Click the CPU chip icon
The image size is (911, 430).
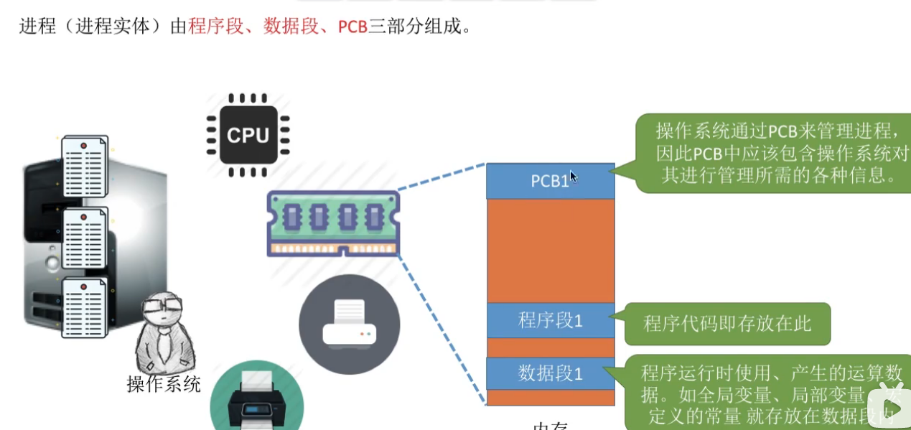(x=248, y=135)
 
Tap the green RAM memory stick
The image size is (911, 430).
(x=333, y=223)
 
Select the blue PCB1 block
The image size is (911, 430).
(x=550, y=181)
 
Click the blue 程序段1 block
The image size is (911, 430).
(x=550, y=320)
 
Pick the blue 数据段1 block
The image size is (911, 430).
(x=550, y=373)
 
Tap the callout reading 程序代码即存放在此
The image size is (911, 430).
(x=727, y=324)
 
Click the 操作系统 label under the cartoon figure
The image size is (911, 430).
(x=164, y=384)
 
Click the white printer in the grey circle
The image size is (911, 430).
(x=349, y=324)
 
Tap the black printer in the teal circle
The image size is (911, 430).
(x=258, y=402)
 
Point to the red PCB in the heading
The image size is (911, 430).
(x=352, y=27)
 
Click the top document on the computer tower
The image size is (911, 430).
(x=85, y=167)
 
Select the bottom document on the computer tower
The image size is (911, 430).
(x=85, y=308)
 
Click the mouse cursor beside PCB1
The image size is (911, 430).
(x=574, y=177)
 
